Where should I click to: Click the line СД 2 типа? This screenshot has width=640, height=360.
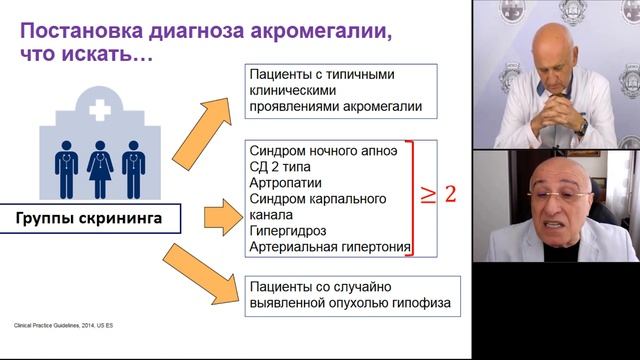pyautogui.click(x=282, y=167)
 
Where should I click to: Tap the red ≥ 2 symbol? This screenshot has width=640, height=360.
pyautogui.click(x=436, y=193)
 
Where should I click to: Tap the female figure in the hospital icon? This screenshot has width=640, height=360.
pyautogui.click(x=98, y=168)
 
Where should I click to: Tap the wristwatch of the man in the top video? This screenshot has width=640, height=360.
pyautogui.click(x=580, y=127)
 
